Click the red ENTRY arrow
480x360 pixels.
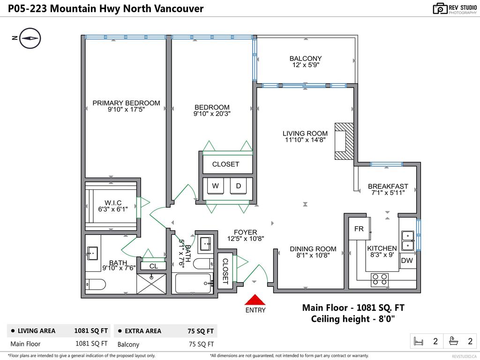[x=255, y=300]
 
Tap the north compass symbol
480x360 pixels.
[x=30, y=38]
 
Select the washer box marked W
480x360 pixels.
[x=216, y=186]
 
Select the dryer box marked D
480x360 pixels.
[x=239, y=186]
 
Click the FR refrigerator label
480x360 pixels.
[x=359, y=229]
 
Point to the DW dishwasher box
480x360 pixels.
[x=407, y=261]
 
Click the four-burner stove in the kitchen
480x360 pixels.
[x=380, y=280]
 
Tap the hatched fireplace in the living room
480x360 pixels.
[x=344, y=142]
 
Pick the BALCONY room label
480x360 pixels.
[x=306, y=59]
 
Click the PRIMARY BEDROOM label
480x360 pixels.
[x=126, y=103]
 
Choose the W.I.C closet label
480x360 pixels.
[x=113, y=202]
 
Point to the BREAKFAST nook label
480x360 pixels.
[x=388, y=186]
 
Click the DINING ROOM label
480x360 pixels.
[x=313, y=249]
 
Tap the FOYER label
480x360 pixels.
[x=246, y=232]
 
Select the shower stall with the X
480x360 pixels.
[x=151, y=284]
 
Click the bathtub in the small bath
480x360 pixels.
[x=194, y=284]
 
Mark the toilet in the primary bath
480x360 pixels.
[x=96, y=285]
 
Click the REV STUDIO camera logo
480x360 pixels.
[x=440, y=8]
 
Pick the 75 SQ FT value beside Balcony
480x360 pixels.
[x=201, y=344]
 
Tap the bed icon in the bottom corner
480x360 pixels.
[x=418, y=341]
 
